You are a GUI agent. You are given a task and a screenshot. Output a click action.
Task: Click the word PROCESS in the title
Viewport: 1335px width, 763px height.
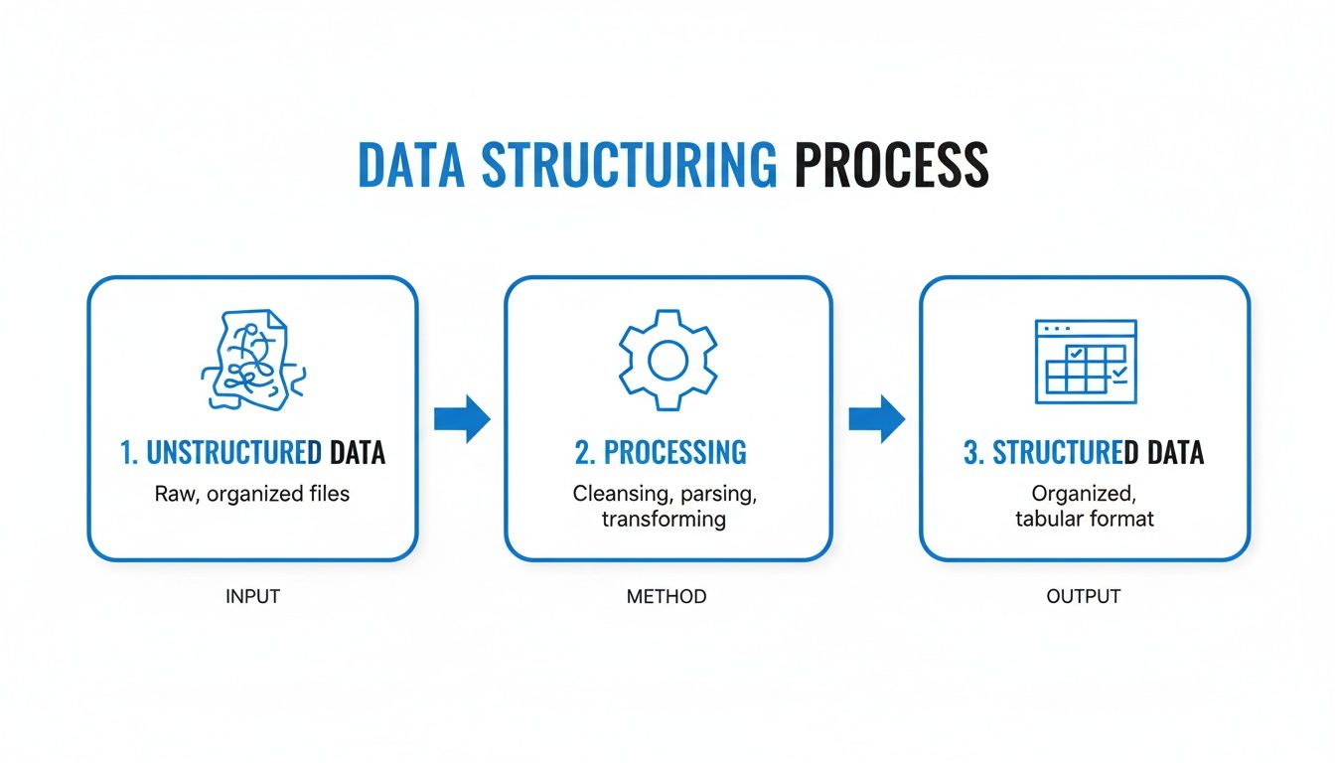(891, 166)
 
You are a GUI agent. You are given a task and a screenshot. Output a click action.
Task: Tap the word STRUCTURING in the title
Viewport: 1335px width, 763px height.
(629, 166)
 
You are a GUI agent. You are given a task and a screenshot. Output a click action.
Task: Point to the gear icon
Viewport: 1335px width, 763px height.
(667, 361)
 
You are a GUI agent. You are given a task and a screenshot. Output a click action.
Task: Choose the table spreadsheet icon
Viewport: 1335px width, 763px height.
(1085, 361)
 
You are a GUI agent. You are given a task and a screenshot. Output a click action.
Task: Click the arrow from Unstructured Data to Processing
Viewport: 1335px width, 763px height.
(462, 418)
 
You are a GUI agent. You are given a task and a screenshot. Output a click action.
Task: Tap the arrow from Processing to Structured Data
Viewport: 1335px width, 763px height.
(876, 418)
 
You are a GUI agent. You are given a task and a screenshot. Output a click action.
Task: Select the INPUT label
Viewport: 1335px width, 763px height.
(253, 597)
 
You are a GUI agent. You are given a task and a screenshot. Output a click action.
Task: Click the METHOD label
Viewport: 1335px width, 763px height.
(667, 597)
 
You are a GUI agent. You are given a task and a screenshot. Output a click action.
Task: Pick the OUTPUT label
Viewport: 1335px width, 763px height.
(1084, 597)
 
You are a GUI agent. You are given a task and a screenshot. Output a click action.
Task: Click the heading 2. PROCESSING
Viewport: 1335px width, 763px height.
(661, 452)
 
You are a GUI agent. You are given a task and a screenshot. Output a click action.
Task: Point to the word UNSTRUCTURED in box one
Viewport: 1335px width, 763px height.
(233, 453)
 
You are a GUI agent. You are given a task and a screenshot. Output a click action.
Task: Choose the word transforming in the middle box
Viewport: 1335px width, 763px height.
(664, 519)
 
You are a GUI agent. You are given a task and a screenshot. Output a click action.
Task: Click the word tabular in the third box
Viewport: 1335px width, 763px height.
(1048, 519)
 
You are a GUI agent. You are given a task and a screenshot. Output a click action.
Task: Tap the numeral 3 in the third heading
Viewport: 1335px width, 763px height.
(971, 453)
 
